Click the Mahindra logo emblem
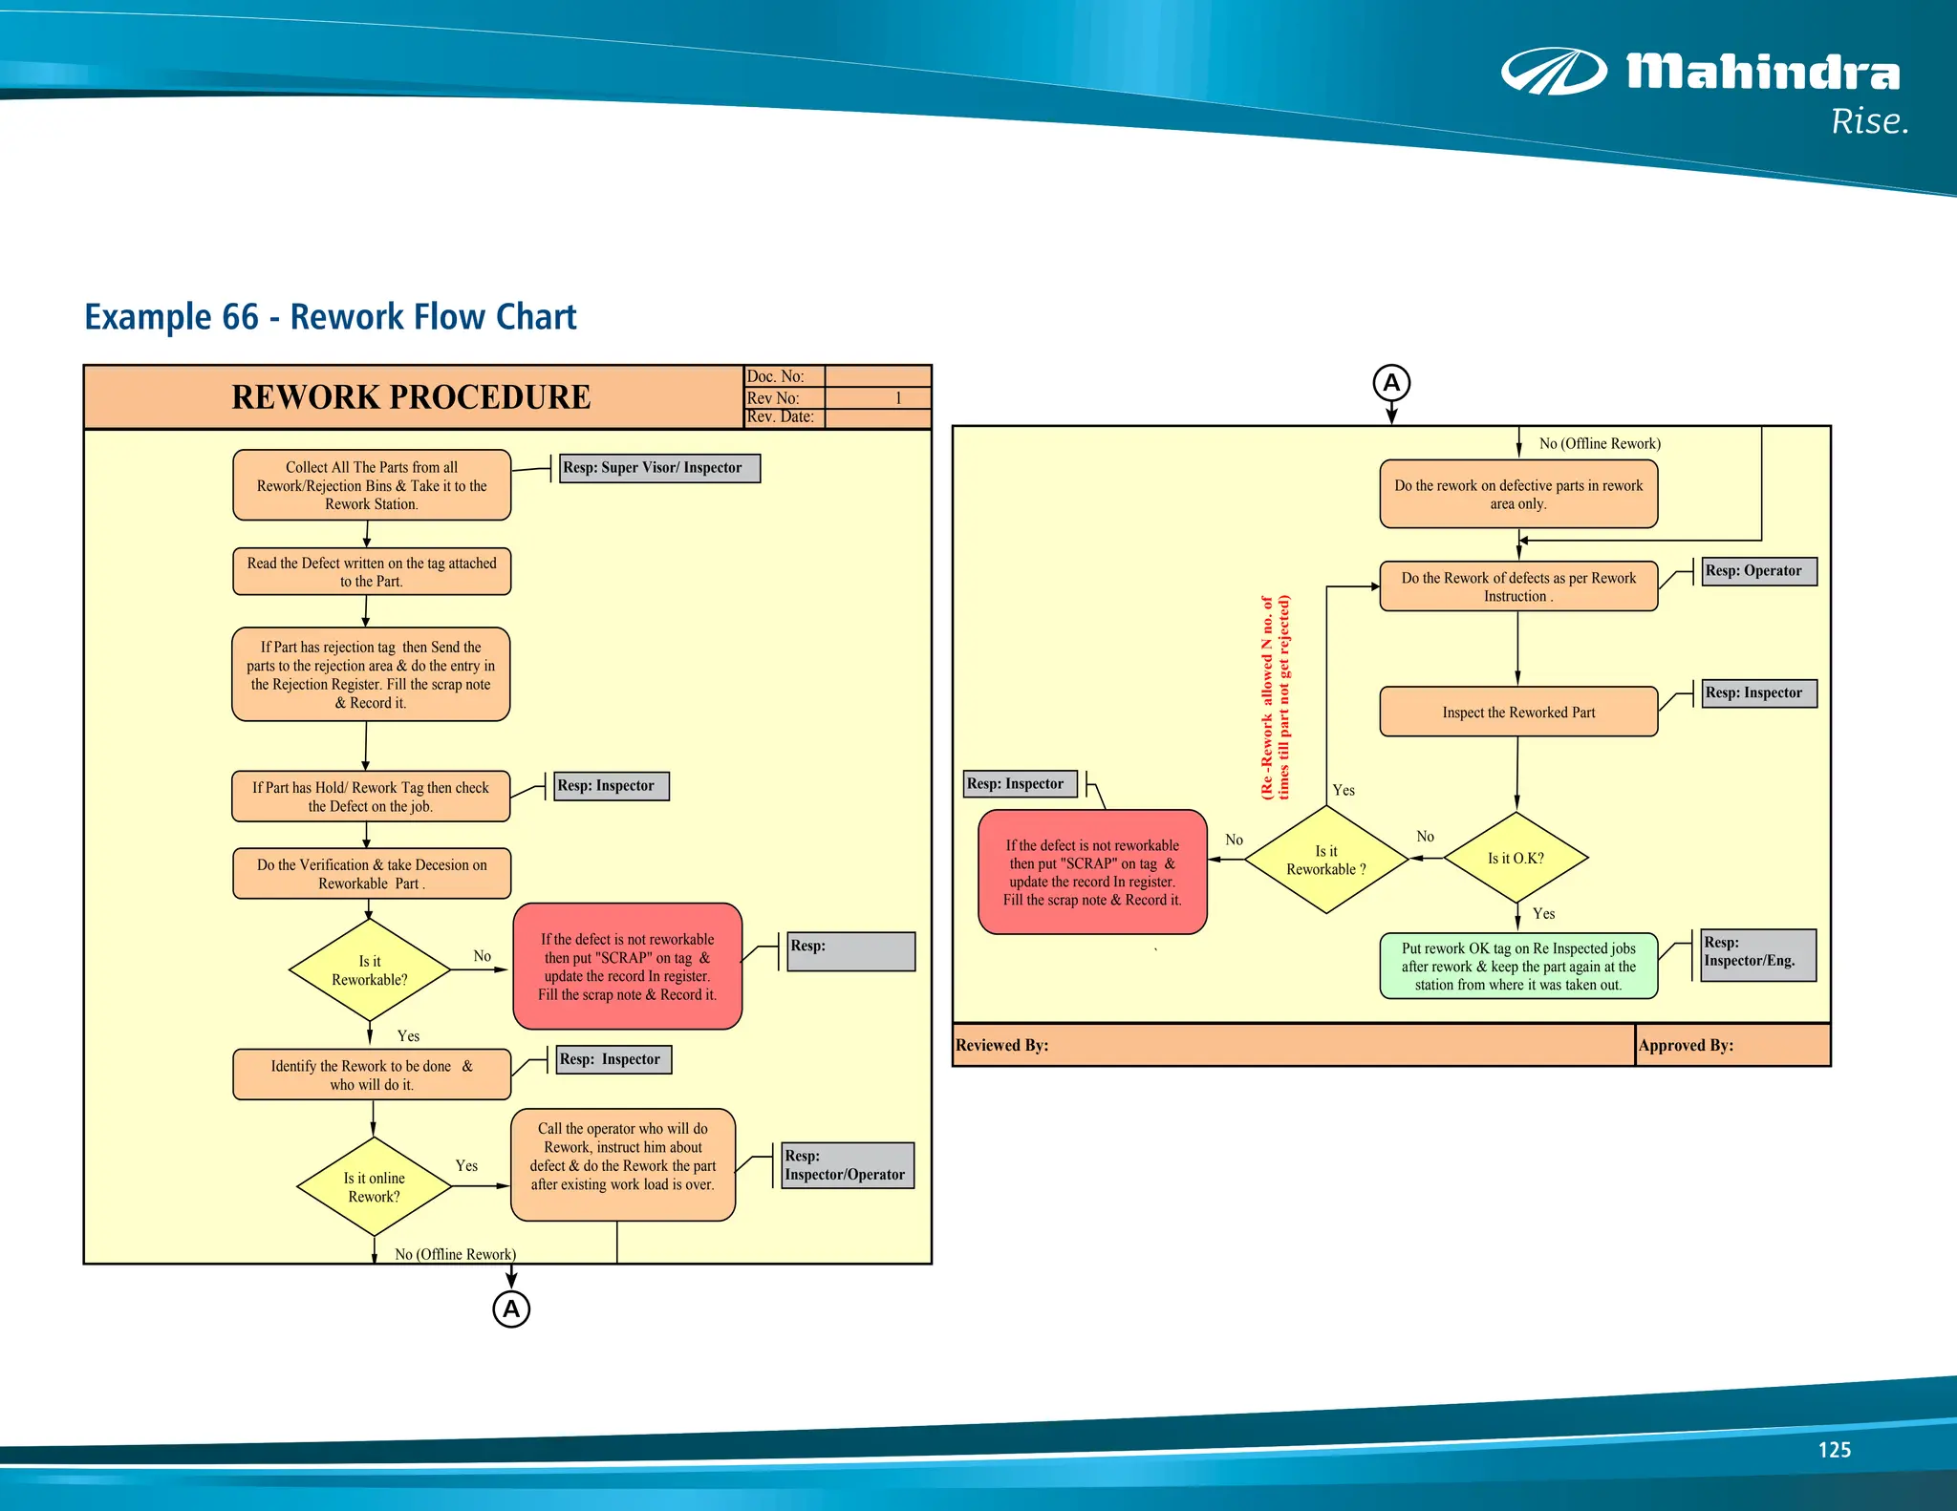[1553, 72]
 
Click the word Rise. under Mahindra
[1869, 122]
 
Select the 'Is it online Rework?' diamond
[374, 1186]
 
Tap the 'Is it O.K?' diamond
[1516, 858]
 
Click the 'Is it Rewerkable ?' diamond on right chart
[1326, 860]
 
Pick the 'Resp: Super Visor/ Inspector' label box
[658, 468]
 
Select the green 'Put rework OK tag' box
[1518, 966]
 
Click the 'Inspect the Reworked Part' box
[1518, 713]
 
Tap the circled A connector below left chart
[511, 1309]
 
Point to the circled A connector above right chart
[1391, 383]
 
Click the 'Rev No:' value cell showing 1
[877, 398]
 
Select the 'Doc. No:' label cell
[784, 376]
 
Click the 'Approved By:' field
[1731, 1045]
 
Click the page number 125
[1834, 1450]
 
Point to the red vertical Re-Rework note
[1276, 697]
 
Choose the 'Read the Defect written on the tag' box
[372, 572]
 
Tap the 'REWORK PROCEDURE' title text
[411, 397]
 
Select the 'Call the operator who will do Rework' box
[623, 1164]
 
